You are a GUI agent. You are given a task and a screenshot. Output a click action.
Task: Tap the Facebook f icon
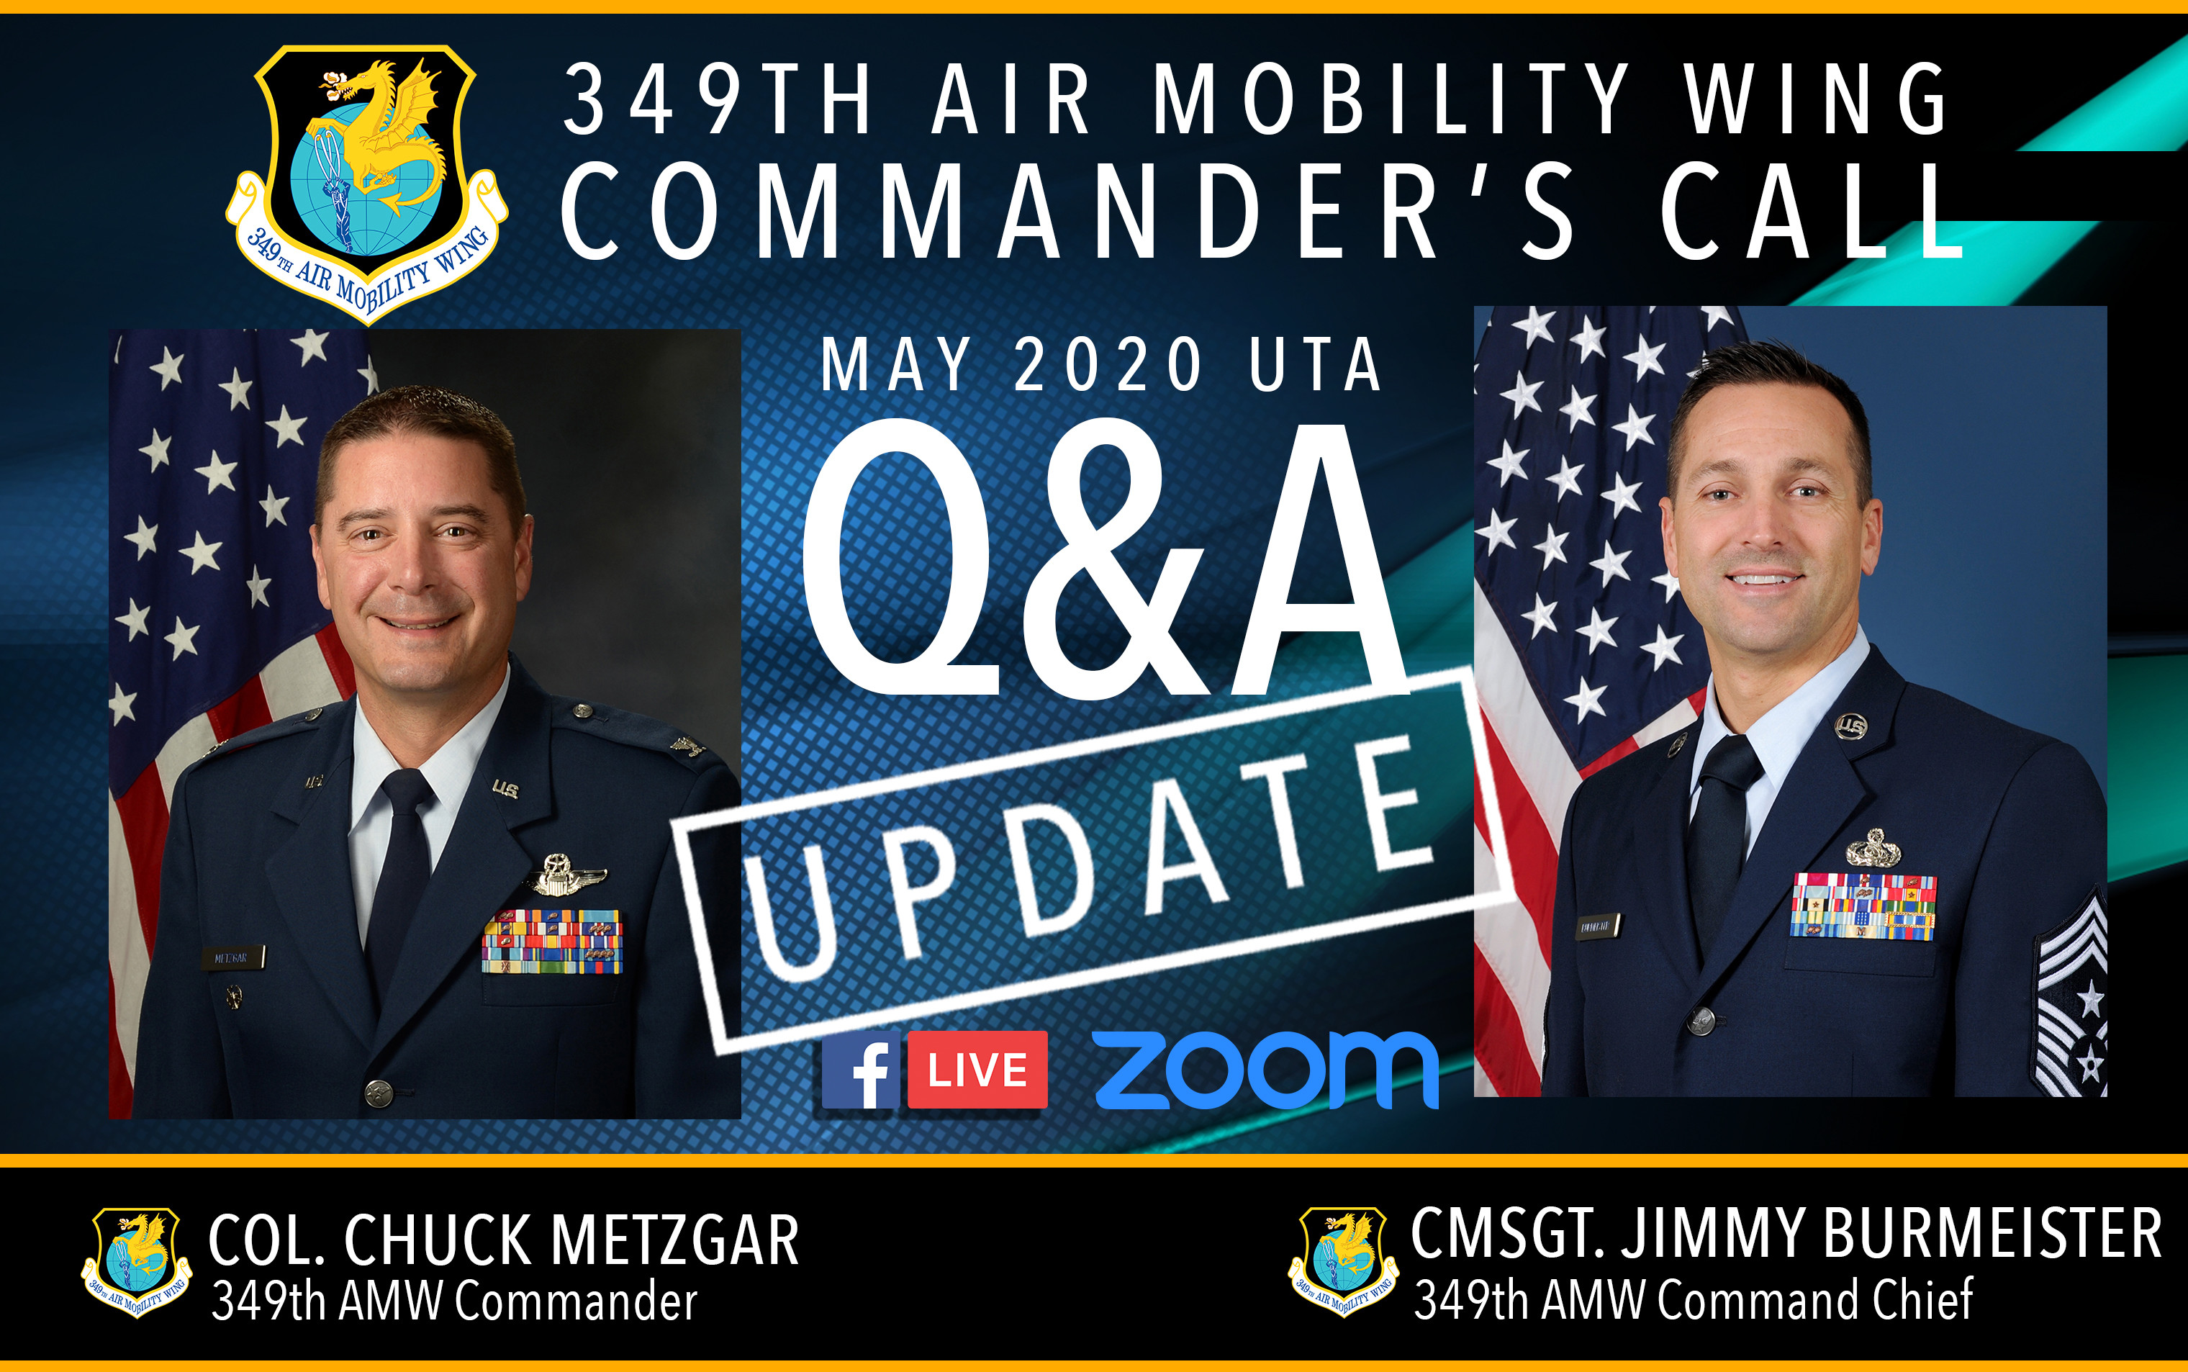tap(861, 1070)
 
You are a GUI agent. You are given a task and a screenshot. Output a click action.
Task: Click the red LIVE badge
tap(977, 1070)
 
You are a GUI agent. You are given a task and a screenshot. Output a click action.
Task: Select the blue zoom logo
tap(1266, 1070)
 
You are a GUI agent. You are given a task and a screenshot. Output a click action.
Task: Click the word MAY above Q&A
tap(895, 365)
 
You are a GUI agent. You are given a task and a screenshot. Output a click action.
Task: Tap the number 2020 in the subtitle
tap(1108, 365)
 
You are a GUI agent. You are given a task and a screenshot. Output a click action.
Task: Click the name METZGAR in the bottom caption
tap(675, 1240)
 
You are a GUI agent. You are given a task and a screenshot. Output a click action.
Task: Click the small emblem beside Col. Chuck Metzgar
tap(136, 1261)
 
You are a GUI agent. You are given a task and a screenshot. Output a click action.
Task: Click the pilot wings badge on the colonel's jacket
tap(568, 875)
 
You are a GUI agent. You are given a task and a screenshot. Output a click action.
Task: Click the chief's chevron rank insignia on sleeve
tap(2072, 998)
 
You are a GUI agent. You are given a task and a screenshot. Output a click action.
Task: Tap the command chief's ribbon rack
tap(1863, 906)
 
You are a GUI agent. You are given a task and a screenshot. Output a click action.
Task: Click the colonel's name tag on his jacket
tap(232, 957)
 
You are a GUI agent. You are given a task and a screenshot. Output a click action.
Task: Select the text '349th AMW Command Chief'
tap(1693, 1299)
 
